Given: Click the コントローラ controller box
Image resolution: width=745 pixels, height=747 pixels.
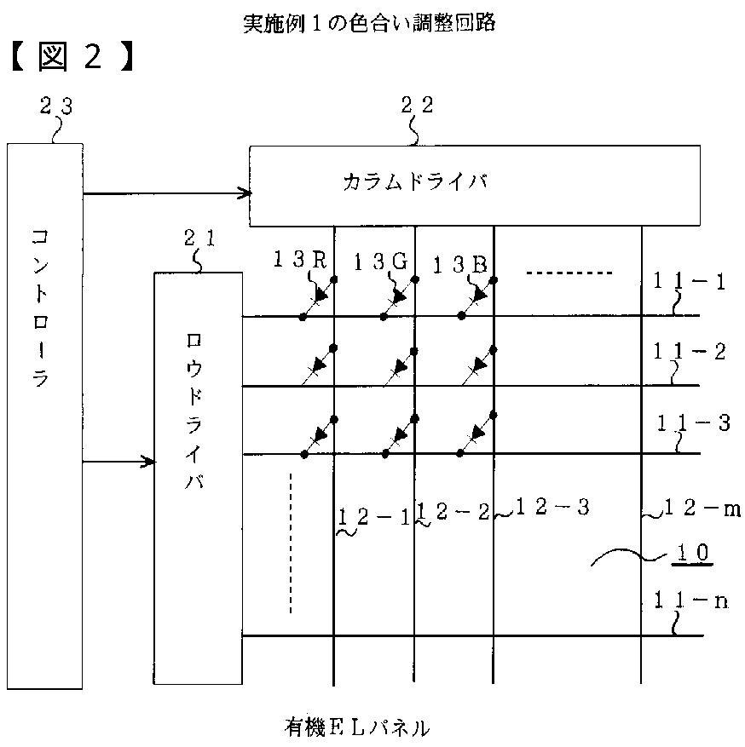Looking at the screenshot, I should tap(45, 415).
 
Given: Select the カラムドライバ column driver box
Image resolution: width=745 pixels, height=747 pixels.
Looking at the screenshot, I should tap(474, 185).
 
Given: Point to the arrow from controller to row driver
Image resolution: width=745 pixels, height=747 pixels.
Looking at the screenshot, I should tap(119, 462).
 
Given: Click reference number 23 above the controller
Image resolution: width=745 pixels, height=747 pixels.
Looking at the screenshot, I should tap(56, 106).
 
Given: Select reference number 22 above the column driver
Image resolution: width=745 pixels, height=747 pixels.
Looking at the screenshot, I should tap(417, 105).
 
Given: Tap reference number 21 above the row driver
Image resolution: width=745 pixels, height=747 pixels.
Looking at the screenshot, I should tap(200, 239).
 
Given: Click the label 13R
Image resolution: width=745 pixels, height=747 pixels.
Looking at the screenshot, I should tap(299, 261).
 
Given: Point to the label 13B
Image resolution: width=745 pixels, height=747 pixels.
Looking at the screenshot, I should tap(459, 265).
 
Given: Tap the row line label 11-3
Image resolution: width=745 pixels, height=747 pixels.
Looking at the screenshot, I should tap(693, 423).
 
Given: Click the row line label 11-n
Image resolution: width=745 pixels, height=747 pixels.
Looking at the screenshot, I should tap(690, 601).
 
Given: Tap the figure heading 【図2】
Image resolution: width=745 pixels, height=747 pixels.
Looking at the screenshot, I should tap(72, 57).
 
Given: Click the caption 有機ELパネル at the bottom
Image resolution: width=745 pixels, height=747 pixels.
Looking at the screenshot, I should tap(357, 727).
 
